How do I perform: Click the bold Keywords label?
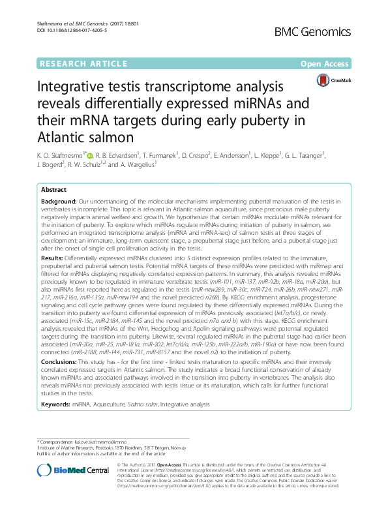point(57,404)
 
